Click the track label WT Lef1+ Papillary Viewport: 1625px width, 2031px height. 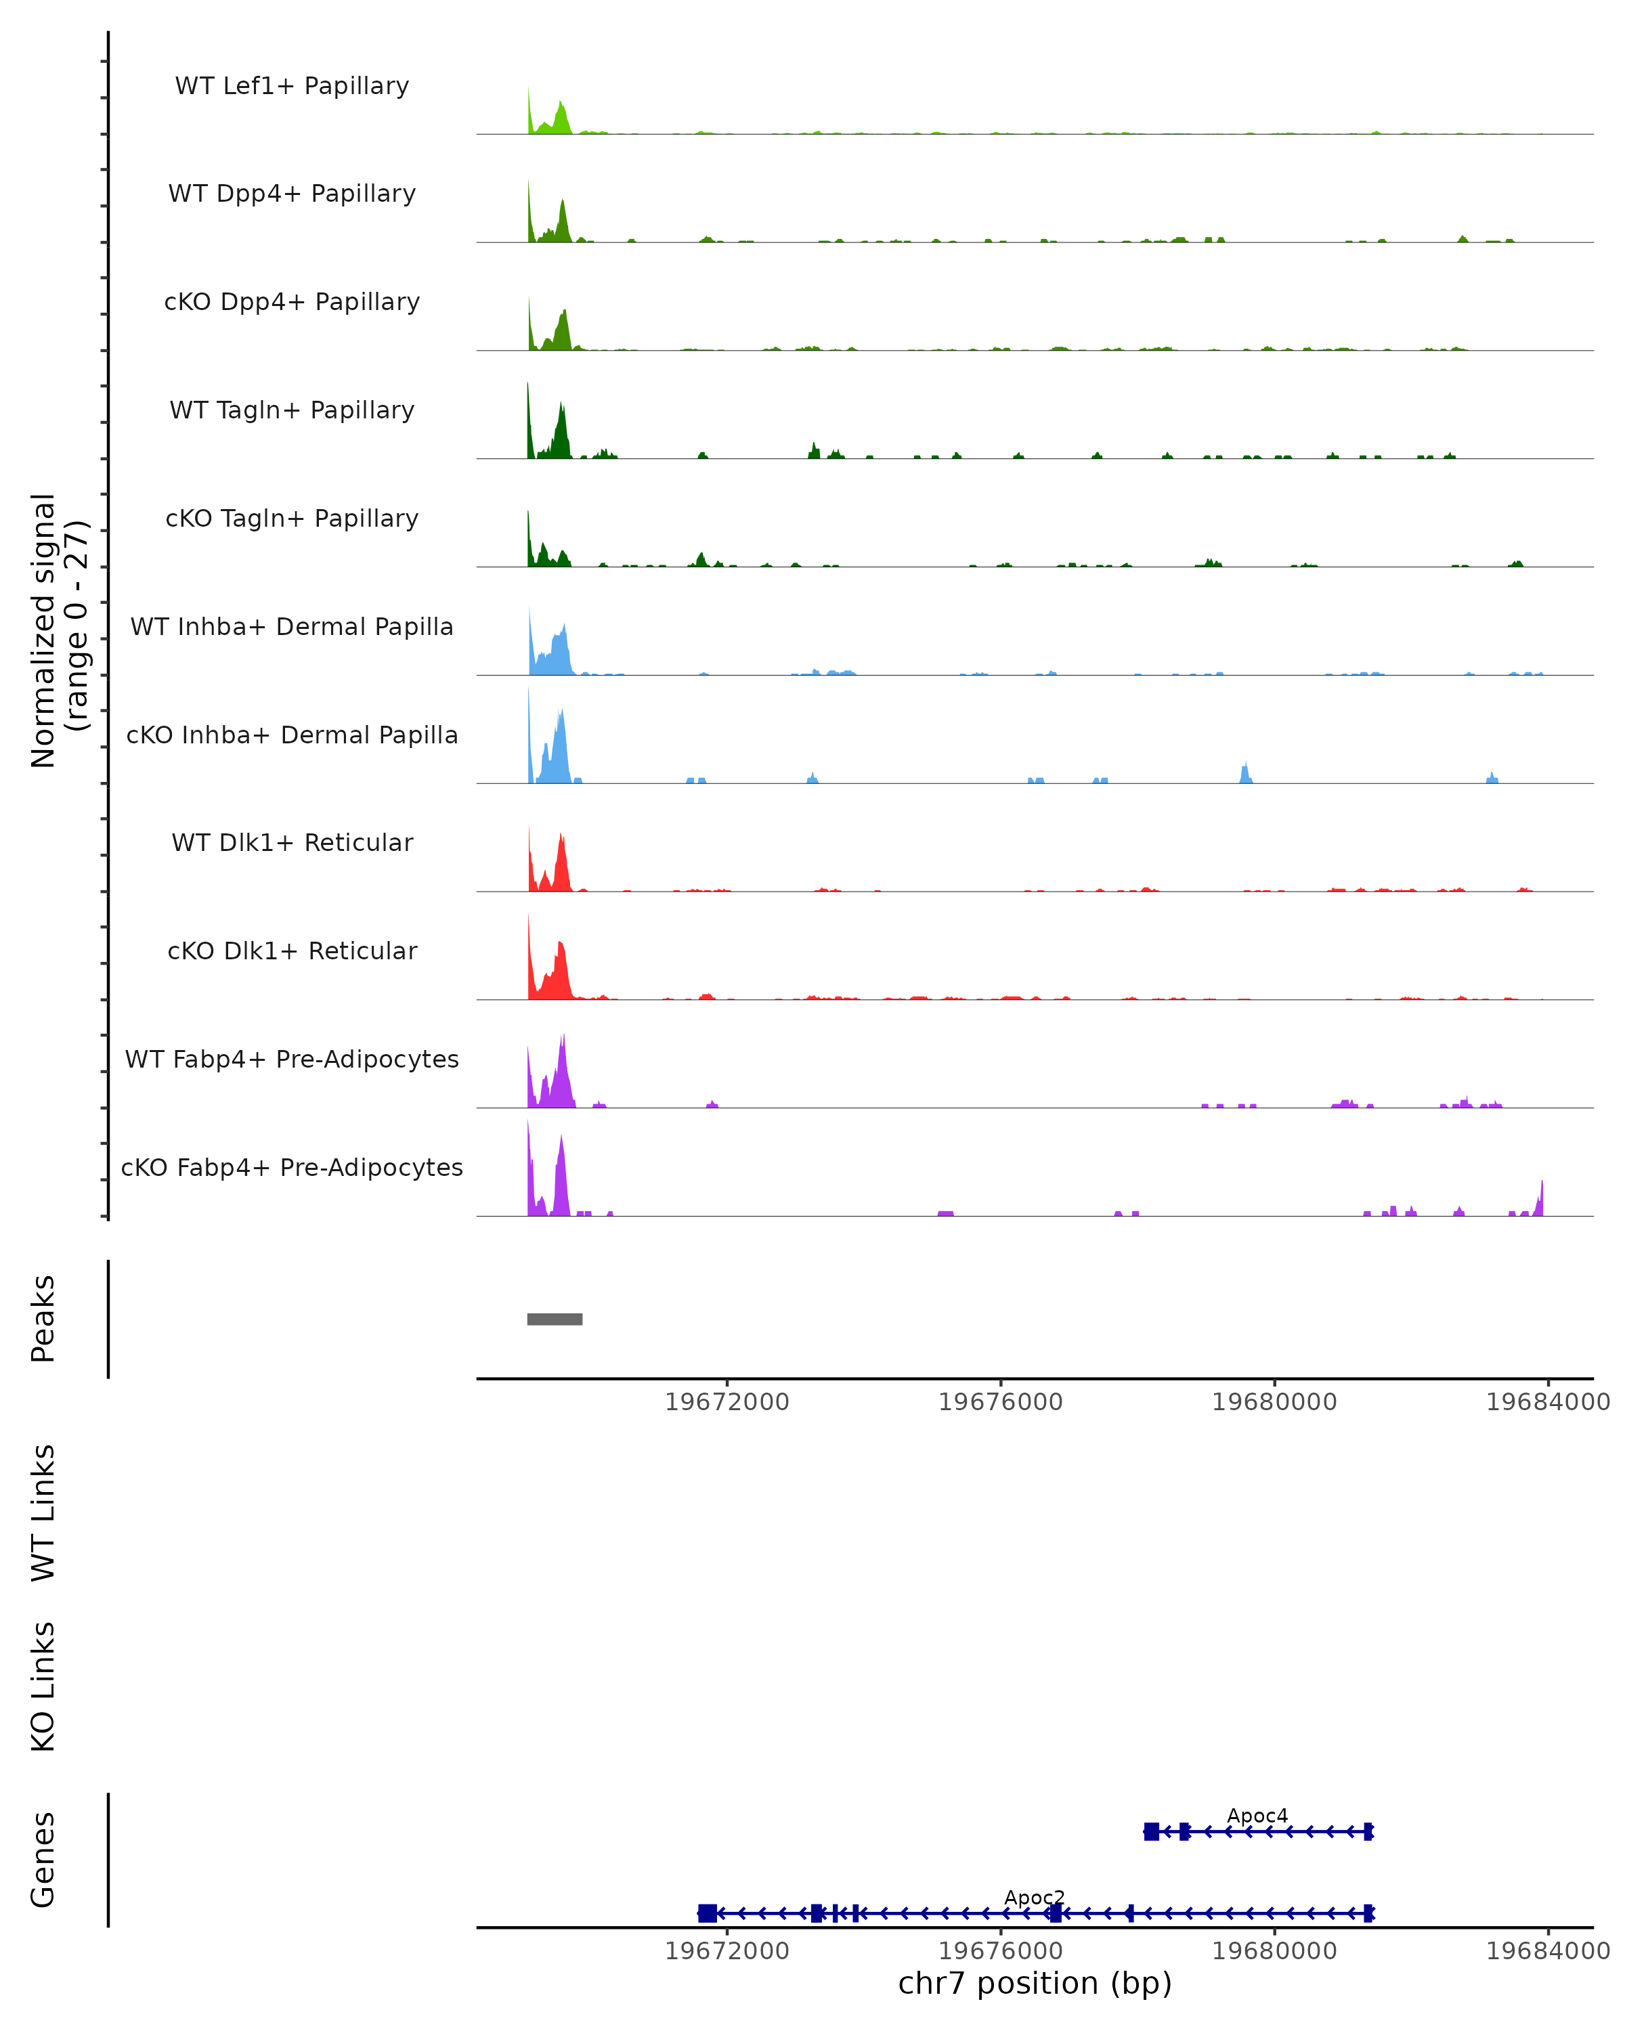(292, 86)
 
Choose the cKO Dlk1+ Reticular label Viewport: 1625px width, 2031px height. (292, 951)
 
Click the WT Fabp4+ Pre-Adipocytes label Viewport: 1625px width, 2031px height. (292, 1059)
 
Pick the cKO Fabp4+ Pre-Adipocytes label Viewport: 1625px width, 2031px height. (292, 1167)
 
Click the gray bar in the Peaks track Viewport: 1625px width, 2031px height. (554, 1319)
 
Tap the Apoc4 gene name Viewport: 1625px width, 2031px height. (1257, 1815)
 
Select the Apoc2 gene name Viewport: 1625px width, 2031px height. (1035, 1897)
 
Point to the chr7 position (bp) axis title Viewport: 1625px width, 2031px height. (1035, 1983)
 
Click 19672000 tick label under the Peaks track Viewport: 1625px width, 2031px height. (727, 1402)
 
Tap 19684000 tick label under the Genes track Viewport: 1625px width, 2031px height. (1547, 1950)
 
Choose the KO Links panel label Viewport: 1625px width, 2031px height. (43, 1686)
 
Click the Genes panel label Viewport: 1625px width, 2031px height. (43, 1860)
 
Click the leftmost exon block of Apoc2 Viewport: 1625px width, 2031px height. (706, 1913)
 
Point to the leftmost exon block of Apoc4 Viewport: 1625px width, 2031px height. (1151, 1831)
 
